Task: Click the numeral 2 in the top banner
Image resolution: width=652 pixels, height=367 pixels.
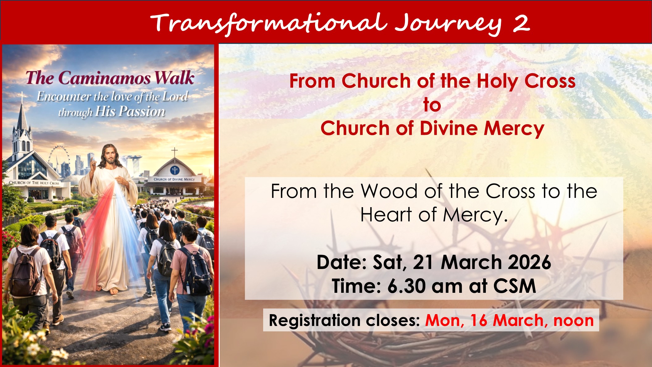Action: (521, 23)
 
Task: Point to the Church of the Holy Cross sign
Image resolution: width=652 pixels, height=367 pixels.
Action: (34, 183)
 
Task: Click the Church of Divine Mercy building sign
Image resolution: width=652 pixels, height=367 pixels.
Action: (174, 179)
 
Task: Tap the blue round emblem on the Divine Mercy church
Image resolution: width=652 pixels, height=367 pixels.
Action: (175, 170)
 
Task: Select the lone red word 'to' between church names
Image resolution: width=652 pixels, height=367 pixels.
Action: (432, 105)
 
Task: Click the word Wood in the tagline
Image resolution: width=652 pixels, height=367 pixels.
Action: (389, 191)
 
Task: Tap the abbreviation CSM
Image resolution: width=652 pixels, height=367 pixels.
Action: (515, 286)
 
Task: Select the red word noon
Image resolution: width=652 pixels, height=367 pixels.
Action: (574, 321)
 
